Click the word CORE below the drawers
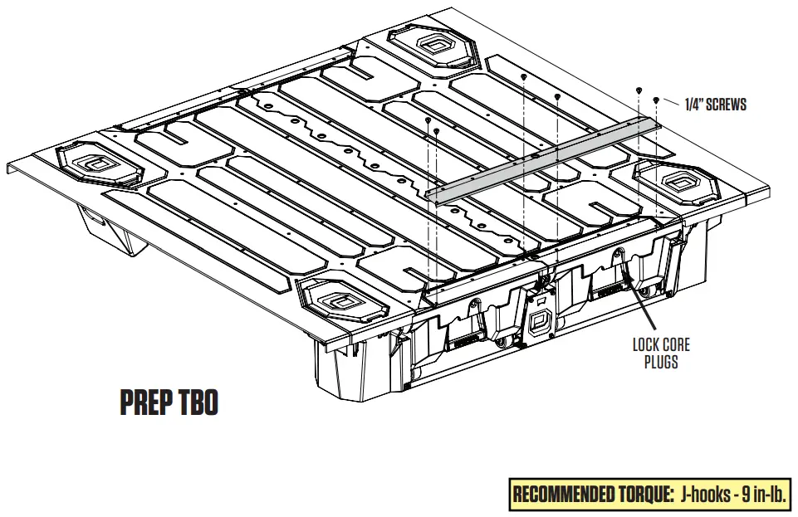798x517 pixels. pos(674,344)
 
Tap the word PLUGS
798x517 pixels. pos(661,362)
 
